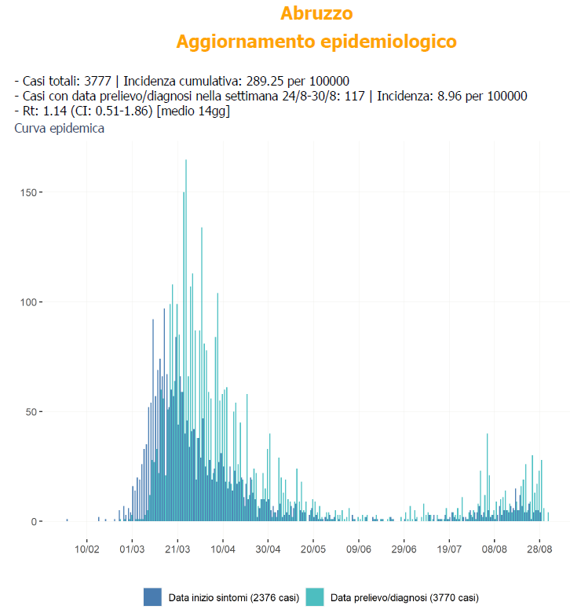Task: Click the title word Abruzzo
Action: coord(316,13)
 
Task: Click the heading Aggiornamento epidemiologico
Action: coord(316,42)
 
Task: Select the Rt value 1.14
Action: coord(49,111)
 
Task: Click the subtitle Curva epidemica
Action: coord(60,129)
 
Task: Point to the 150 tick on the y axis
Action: coord(27,192)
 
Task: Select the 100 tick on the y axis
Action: coord(27,302)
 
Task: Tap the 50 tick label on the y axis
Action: coord(30,412)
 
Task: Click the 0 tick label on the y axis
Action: coord(32,521)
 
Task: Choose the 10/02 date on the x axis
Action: coord(86,543)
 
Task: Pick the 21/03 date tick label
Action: coord(177,543)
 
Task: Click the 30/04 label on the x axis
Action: coord(269,543)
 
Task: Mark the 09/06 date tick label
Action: coord(359,543)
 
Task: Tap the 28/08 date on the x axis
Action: coord(540,543)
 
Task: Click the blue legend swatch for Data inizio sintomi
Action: coord(152,597)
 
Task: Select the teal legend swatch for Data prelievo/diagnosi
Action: coord(314,597)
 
